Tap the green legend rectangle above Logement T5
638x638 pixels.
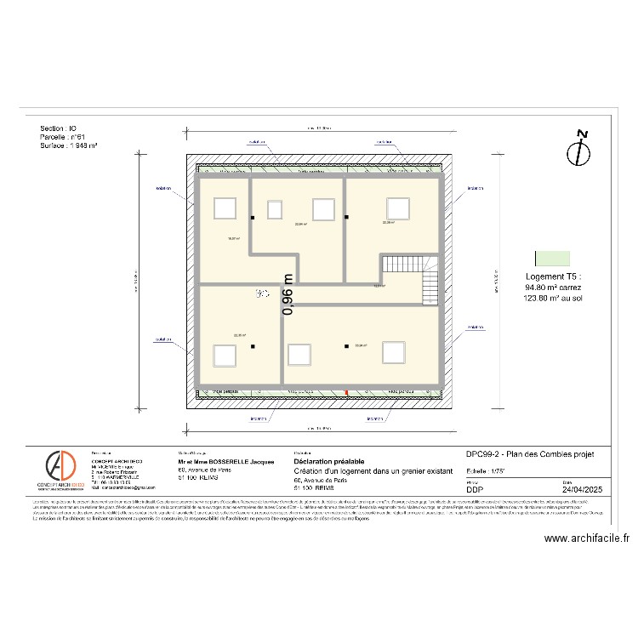(552, 258)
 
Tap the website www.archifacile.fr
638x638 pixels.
(586, 538)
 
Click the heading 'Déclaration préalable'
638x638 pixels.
(328, 460)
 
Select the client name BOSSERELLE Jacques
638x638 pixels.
(225, 461)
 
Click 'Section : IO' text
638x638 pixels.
(58, 128)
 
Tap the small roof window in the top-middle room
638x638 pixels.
(275, 209)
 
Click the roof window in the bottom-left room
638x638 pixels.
(225, 355)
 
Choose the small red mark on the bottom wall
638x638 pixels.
(346, 392)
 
